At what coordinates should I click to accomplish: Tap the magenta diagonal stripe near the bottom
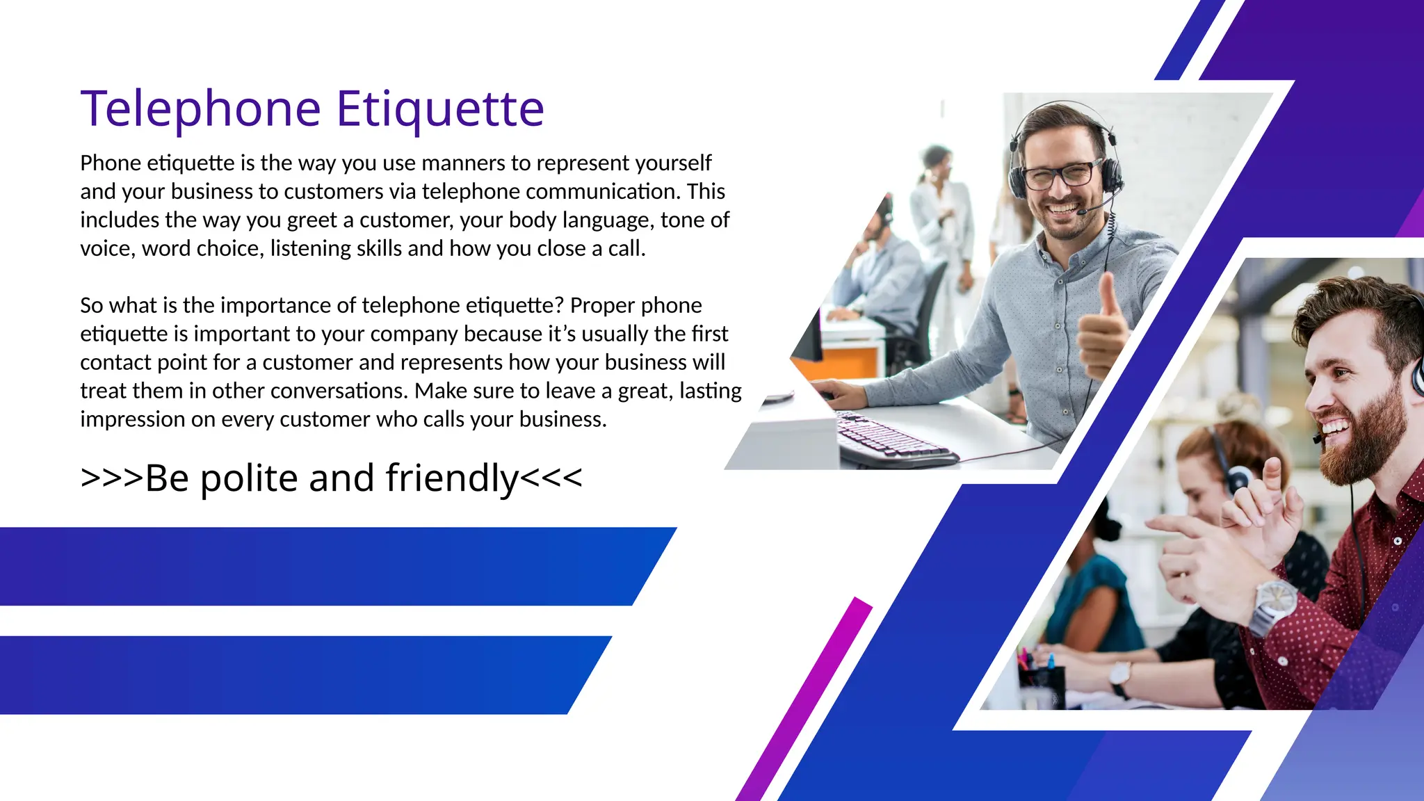tap(807, 695)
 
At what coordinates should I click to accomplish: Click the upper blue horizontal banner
tap(313, 566)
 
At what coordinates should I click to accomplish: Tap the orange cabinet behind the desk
tap(845, 362)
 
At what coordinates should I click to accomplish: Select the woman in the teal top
tap(1092, 598)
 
